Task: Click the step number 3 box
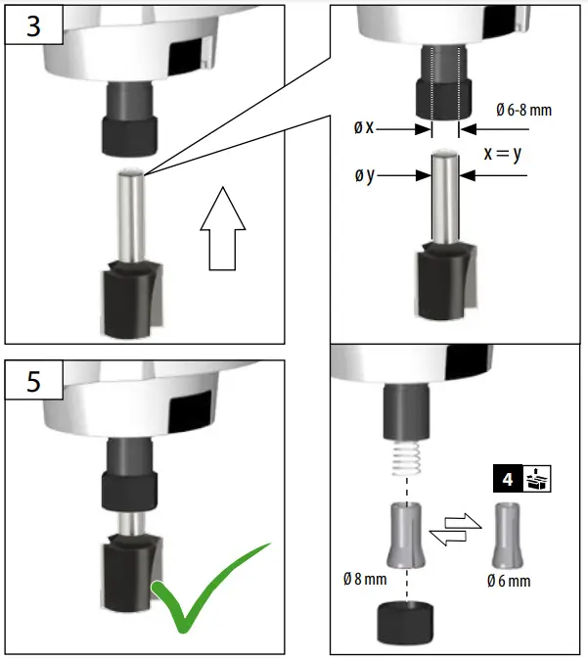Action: tap(33, 25)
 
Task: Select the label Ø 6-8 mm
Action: tap(523, 111)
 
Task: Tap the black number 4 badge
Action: tap(506, 481)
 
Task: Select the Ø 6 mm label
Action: tap(509, 581)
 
